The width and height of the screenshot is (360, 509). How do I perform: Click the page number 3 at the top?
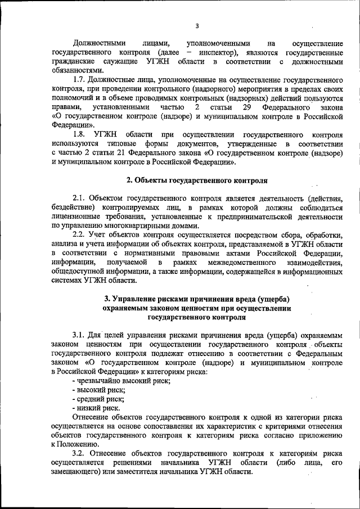(x=197, y=25)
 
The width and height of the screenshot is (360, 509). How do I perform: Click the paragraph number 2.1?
(x=80, y=198)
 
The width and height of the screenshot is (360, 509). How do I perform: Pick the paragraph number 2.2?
(x=80, y=235)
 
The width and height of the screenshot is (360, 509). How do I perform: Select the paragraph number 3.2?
(x=80, y=453)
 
